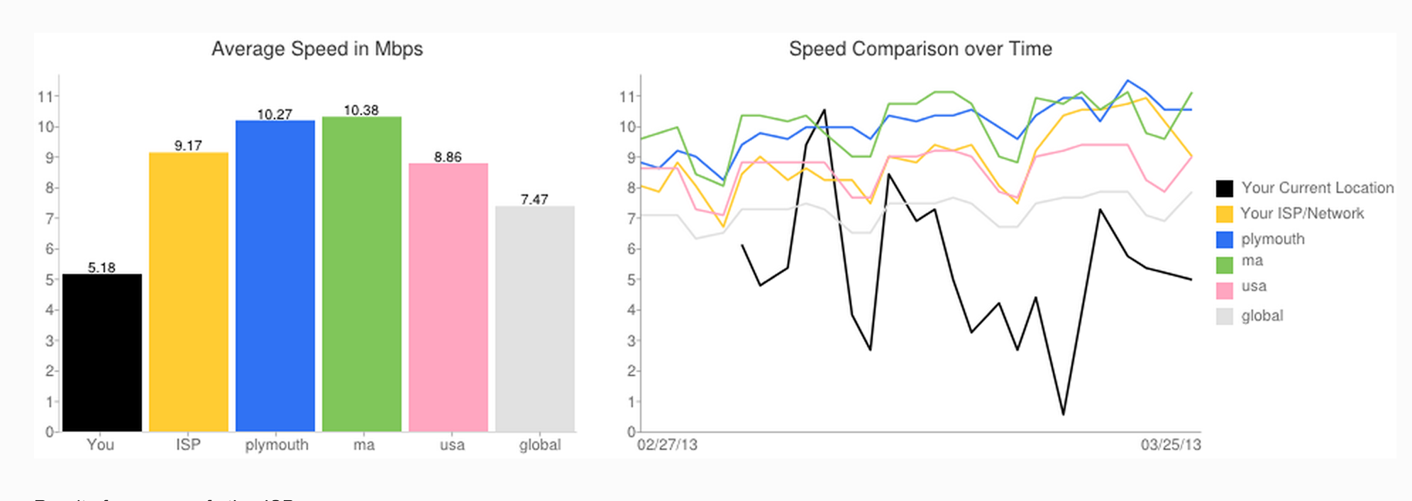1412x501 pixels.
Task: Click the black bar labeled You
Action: (x=102, y=353)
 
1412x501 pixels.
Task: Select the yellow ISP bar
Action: (x=189, y=292)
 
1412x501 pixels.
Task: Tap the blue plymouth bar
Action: (x=275, y=276)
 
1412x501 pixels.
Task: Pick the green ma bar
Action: (x=362, y=274)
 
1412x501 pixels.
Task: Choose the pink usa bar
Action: (x=448, y=297)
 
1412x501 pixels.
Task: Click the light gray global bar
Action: (x=535, y=319)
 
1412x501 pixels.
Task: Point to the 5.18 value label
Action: (x=101, y=268)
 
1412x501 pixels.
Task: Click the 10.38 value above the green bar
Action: (x=361, y=110)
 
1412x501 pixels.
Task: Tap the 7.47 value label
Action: (x=534, y=199)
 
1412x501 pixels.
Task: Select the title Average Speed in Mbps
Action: (x=317, y=49)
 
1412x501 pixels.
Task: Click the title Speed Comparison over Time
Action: (x=920, y=49)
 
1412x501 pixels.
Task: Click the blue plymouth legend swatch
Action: (x=1225, y=239)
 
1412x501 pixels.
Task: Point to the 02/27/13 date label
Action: (x=667, y=445)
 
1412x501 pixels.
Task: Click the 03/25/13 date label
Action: (x=1171, y=445)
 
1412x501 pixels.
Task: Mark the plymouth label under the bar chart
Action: (x=277, y=445)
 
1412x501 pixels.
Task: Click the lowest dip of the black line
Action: (x=1063, y=414)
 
